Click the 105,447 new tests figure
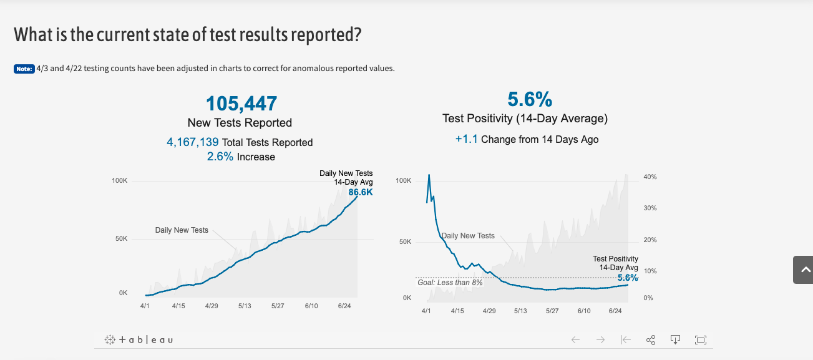pos(241,103)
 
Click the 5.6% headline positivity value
pos(529,99)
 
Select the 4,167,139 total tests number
pos(193,142)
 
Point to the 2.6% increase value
pos(220,157)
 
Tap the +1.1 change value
pos(466,139)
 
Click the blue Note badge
pos(24,69)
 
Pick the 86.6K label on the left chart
pos(361,192)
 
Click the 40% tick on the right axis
pos(650,177)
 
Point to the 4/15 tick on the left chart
pos(178,306)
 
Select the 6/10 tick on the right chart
pos(584,311)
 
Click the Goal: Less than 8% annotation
pos(450,283)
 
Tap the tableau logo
pos(139,339)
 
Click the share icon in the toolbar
pos(651,339)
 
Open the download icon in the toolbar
pos(675,339)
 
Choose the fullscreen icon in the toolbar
pos(700,339)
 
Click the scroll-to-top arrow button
pos(802,270)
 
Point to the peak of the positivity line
pos(429,175)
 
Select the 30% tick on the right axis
pos(650,208)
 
